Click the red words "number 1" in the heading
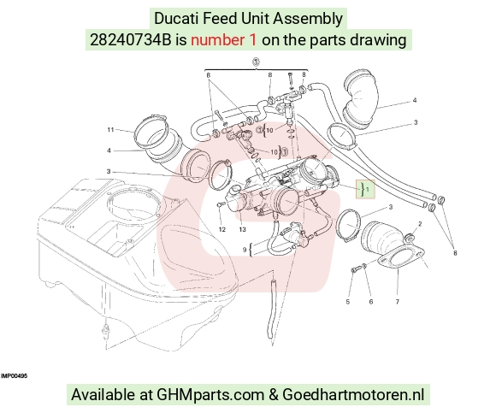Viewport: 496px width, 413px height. pos(223,40)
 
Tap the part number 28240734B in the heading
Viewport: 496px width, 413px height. pos(130,40)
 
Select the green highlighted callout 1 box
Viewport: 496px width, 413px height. pos(365,190)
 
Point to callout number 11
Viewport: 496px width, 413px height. pos(110,130)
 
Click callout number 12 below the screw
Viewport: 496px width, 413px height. pos(222,229)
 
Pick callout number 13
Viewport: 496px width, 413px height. pos(242,229)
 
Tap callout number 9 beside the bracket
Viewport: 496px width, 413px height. pos(245,250)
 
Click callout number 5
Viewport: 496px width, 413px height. pos(348,302)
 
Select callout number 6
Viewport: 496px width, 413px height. pos(371,302)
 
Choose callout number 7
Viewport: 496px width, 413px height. pos(398,302)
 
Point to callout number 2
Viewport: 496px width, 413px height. pos(420,224)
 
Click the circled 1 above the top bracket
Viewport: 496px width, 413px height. pos(256,62)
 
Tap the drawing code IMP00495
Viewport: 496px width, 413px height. pos(14,376)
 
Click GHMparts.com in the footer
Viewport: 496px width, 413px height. pos(210,395)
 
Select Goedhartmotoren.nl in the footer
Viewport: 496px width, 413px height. pos(353,395)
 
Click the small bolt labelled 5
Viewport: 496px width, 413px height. pos(354,269)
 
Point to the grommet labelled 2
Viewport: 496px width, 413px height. pos(410,237)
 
